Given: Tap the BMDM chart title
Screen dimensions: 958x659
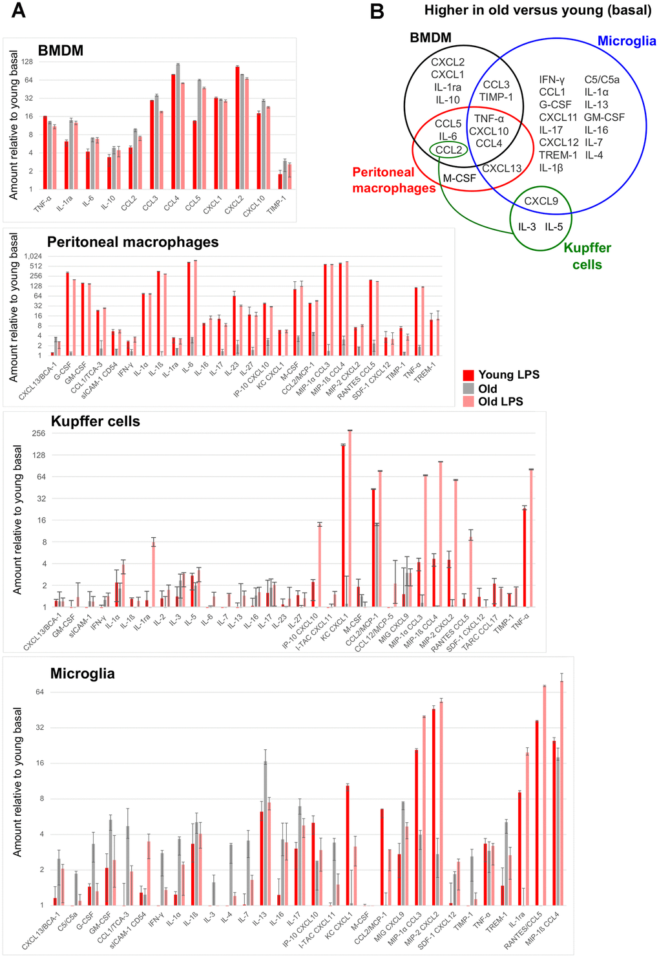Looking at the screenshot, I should click(x=61, y=50).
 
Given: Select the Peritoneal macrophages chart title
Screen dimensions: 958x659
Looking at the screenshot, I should click(x=132, y=242).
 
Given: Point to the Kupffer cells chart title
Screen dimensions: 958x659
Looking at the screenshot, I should click(x=96, y=421).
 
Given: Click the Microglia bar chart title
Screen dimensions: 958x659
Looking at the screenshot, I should click(x=83, y=674).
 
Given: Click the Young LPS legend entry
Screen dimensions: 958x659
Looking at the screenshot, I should click(x=508, y=375).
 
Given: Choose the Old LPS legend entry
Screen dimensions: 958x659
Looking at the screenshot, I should click(x=500, y=401).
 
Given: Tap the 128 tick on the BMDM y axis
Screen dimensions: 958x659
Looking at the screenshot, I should click(x=26, y=62).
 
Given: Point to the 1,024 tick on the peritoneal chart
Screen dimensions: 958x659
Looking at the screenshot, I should click(x=32, y=256).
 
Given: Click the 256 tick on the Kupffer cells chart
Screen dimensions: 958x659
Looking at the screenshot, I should click(x=38, y=433).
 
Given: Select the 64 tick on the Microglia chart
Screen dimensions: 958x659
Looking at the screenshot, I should click(x=39, y=692).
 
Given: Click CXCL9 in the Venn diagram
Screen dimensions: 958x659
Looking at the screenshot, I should click(x=541, y=201).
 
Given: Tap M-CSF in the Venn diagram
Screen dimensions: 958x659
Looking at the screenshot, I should click(x=459, y=178).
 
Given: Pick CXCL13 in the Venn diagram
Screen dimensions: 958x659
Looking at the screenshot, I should click(x=501, y=169).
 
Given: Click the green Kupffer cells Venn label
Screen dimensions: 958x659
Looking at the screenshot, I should click(x=587, y=256).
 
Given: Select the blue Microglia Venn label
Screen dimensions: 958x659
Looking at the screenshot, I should click(x=626, y=41).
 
